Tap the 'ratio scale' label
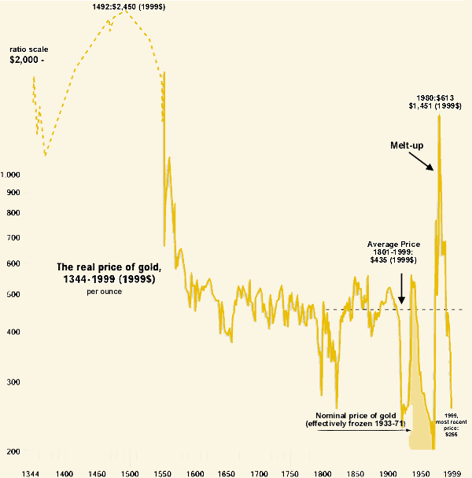click(28, 48)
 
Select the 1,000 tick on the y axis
click(13, 175)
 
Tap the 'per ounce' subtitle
click(104, 292)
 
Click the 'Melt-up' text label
click(407, 145)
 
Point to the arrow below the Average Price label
click(401, 289)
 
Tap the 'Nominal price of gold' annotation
click(355, 419)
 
